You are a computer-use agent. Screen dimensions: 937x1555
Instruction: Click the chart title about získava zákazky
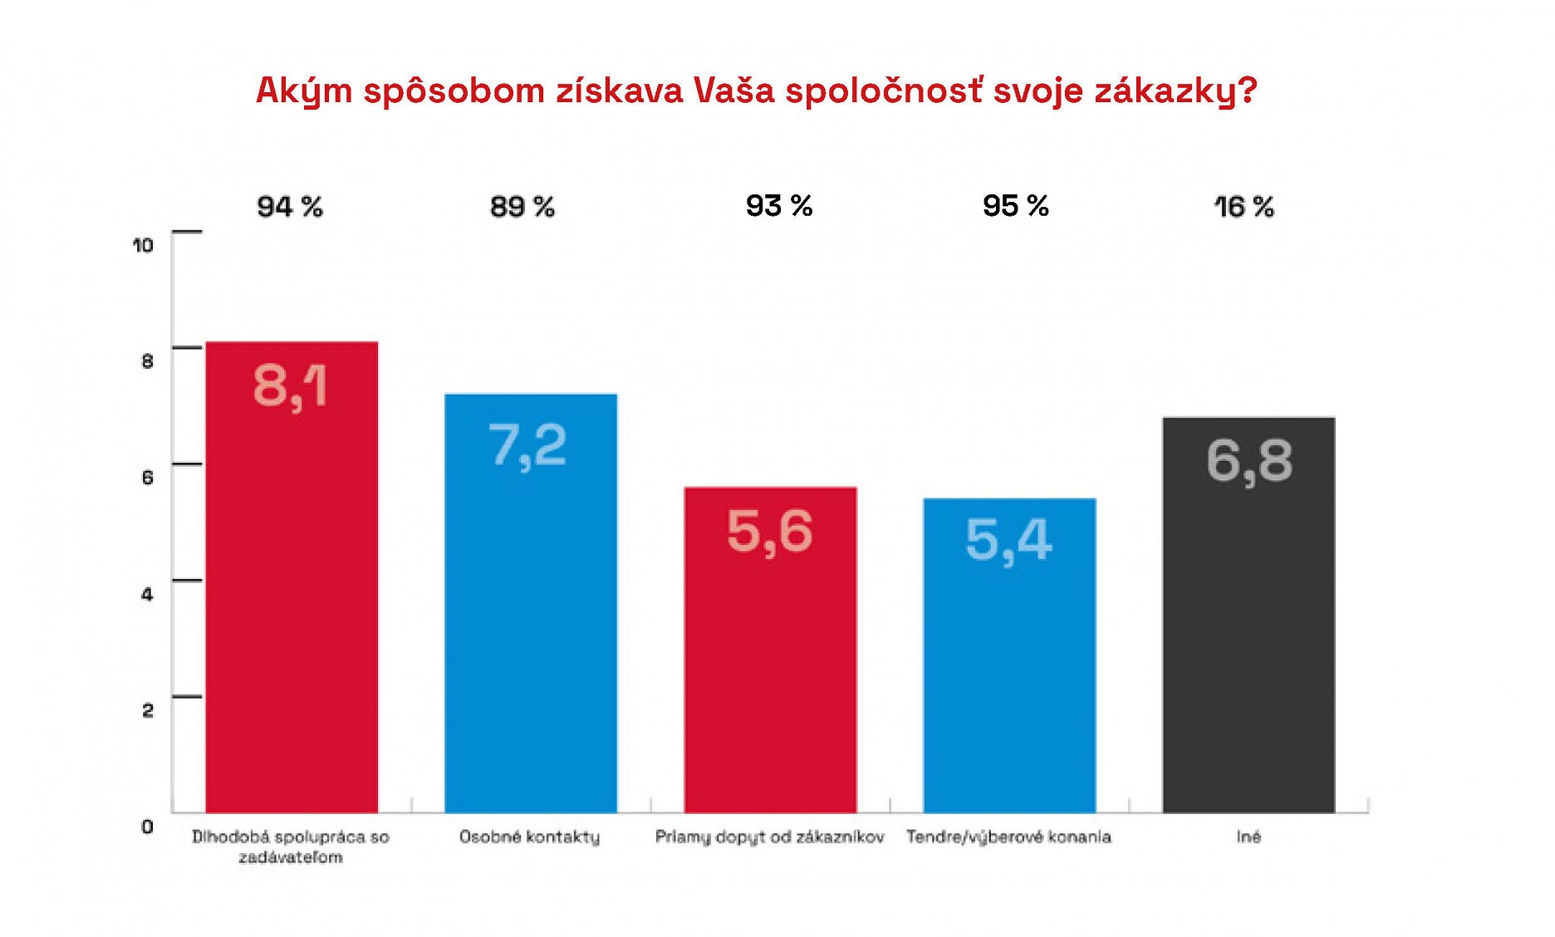tap(756, 91)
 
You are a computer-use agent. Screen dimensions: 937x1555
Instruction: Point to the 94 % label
tap(290, 207)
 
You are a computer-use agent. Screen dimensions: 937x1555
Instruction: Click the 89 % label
tap(522, 207)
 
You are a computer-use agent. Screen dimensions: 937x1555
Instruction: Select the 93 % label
tap(779, 206)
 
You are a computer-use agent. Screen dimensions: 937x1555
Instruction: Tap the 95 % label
tap(1016, 206)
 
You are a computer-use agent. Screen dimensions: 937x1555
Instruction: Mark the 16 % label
tap(1244, 207)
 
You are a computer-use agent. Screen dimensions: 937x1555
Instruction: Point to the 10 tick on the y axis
tap(144, 245)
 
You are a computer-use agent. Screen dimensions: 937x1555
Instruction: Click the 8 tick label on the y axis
tap(148, 361)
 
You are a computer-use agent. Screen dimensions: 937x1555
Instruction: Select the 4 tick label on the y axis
tap(148, 594)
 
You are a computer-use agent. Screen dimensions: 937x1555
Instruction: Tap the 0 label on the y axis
tap(148, 827)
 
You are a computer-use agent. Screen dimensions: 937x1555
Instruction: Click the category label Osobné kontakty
tap(530, 836)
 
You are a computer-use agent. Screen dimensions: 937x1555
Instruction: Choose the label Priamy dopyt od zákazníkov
tap(770, 836)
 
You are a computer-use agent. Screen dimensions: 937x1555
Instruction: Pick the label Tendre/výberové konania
tap(1008, 836)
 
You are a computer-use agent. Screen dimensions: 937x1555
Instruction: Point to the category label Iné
tap(1248, 836)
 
